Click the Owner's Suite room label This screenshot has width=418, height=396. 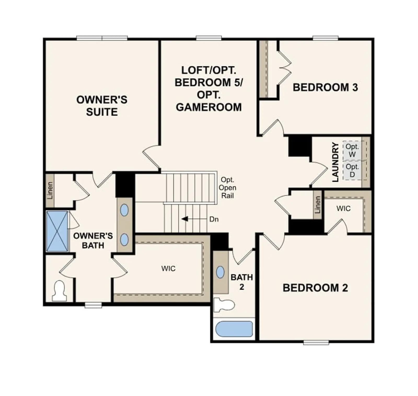pos(102,106)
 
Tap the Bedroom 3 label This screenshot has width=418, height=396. pos(325,87)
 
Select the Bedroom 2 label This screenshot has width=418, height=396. pos(315,288)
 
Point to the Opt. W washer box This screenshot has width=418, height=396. pos(352,151)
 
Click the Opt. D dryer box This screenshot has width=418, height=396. pos(352,170)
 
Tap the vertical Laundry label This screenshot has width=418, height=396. pos(335,162)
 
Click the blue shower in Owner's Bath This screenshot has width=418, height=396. pos(57,231)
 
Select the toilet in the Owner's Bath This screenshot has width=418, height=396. pos(59,291)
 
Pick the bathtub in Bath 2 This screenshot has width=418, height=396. pos(234,329)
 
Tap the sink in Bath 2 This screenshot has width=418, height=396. pos(220,272)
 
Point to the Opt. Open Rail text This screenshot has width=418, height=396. pos(228,188)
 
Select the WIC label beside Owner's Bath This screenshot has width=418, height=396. pos(168,269)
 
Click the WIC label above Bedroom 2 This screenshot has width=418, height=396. pos(343,209)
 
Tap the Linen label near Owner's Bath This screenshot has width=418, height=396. pos(50,191)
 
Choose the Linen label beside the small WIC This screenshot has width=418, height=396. pos(317,205)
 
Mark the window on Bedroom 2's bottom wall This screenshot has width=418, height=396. pos(316,342)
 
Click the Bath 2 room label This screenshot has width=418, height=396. pos(242,282)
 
